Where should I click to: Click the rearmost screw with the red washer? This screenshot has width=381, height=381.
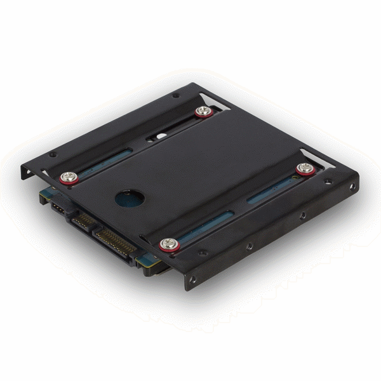[x=203, y=112]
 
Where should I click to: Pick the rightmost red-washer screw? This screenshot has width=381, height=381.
[x=305, y=168]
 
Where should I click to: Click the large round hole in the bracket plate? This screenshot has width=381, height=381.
[x=130, y=198]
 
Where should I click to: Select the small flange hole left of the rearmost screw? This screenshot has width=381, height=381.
[x=175, y=96]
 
